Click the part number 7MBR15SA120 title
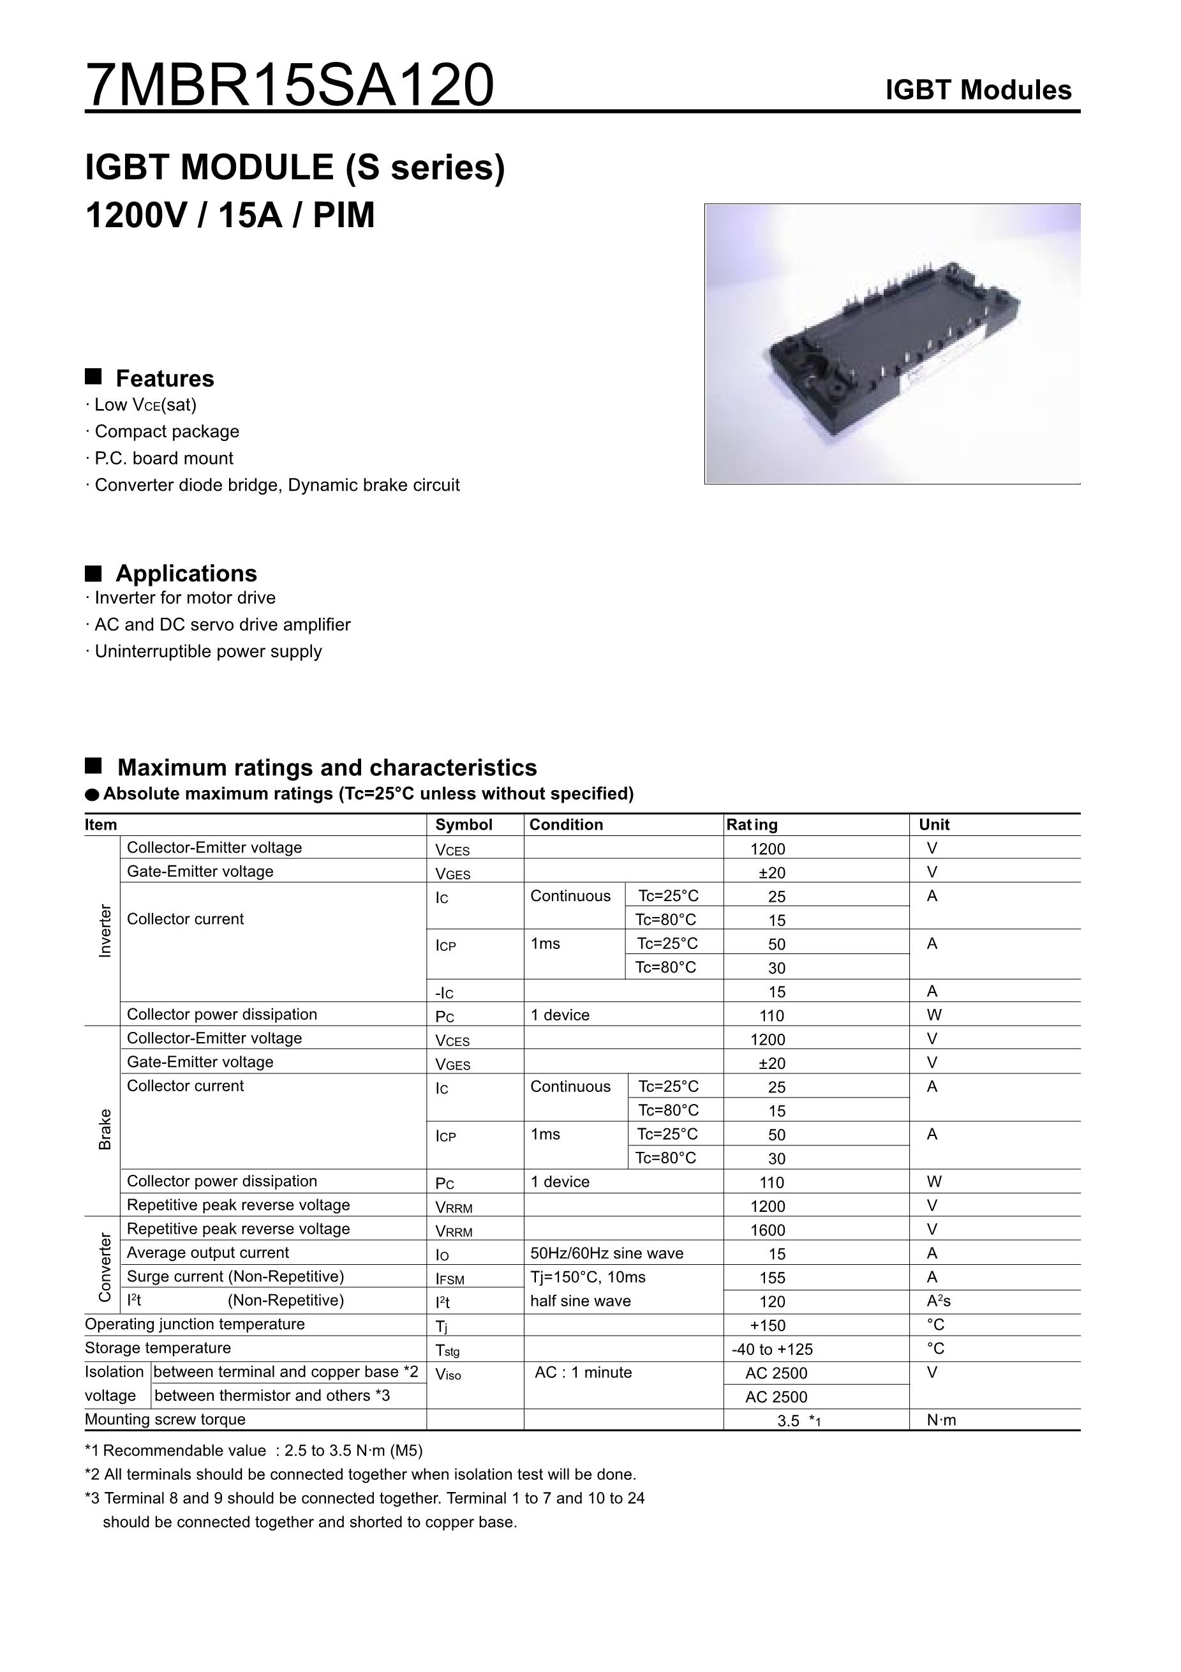pyautogui.click(x=289, y=86)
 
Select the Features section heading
pyautogui.click(x=165, y=378)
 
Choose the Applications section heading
pyautogui.click(x=186, y=574)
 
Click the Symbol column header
pyautogui.click(x=464, y=825)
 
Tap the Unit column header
pyautogui.click(x=934, y=825)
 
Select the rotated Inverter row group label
pyautogui.click(x=105, y=930)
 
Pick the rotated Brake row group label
pyautogui.click(x=105, y=1130)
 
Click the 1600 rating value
pyautogui.click(x=768, y=1230)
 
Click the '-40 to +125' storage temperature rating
pyautogui.click(x=772, y=1349)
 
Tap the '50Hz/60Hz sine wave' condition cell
pyautogui.click(x=607, y=1253)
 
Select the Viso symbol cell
pyautogui.click(x=448, y=1375)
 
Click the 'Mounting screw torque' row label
pyautogui.click(x=165, y=1419)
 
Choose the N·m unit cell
pyautogui.click(x=942, y=1420)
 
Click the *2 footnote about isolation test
pyautogui.click(x=360, y=1475)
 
